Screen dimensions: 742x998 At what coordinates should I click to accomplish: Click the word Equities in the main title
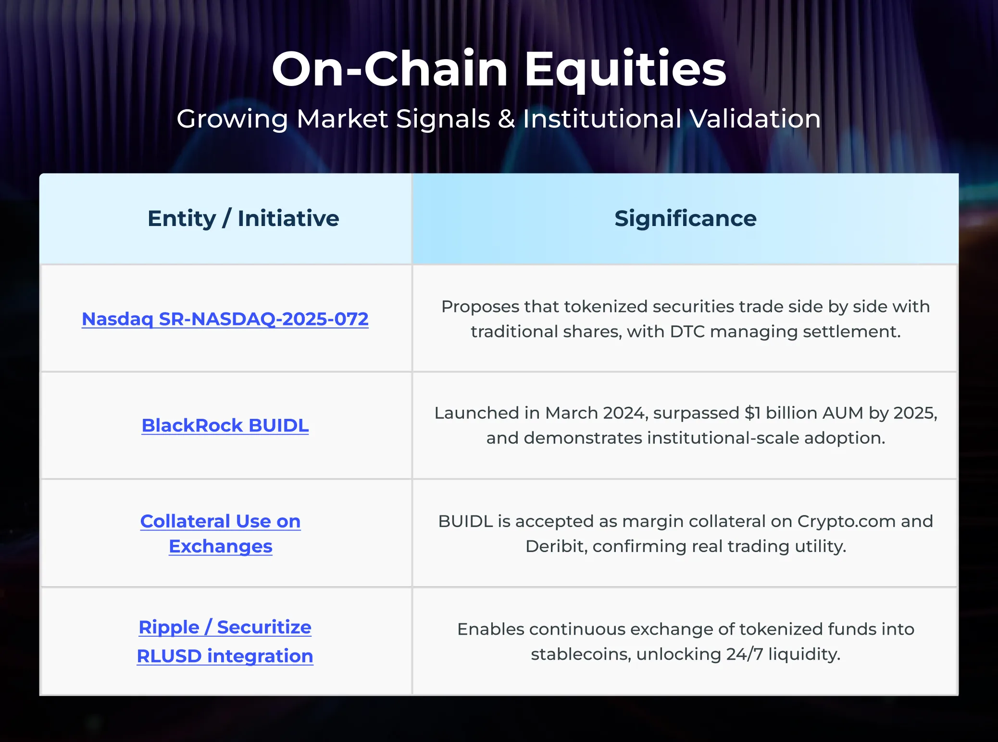click(x=625, y=70)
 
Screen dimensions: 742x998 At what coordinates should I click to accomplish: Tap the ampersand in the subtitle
click(x=506, y=119)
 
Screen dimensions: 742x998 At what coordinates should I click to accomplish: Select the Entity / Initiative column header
click(x=243, y=218)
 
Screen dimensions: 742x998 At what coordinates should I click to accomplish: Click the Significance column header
click(x=685, y=218)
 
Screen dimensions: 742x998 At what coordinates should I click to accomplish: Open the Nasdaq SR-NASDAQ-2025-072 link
click(x=225, y=319)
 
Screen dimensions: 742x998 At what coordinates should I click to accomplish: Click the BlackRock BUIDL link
click(x=225, y=426)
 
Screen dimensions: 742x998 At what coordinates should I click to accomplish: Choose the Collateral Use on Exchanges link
click(x=220, y=533)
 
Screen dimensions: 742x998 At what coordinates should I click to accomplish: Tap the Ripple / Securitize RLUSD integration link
click(x=225, y=641)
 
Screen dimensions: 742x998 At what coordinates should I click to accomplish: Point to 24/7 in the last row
click(x=744, y=654)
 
